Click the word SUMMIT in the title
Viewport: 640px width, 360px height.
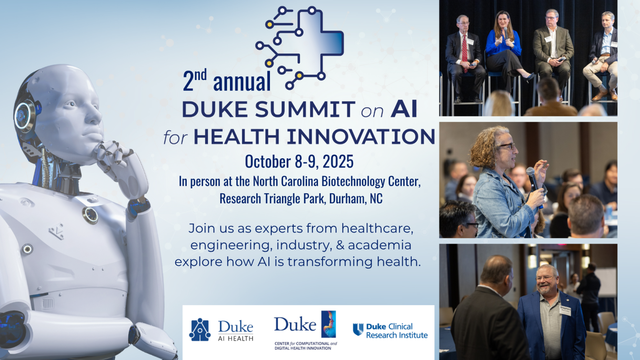[x=305, y=110]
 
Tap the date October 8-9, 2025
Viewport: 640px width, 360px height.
[x=299, y=162]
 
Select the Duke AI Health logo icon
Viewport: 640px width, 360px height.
[x=200, y=330]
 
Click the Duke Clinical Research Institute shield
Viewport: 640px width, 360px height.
[x=358, y=329]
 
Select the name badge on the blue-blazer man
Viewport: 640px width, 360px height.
[x=565, y=310]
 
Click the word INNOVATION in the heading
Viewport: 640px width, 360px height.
[x=361, y=137]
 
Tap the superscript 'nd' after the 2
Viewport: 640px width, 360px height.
[x=200, y=75]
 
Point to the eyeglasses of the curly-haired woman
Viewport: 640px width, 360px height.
[x=506, y=146]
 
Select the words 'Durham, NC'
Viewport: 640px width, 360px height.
[x=355, y=199]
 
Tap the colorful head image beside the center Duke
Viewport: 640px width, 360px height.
[x=329, y=324]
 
